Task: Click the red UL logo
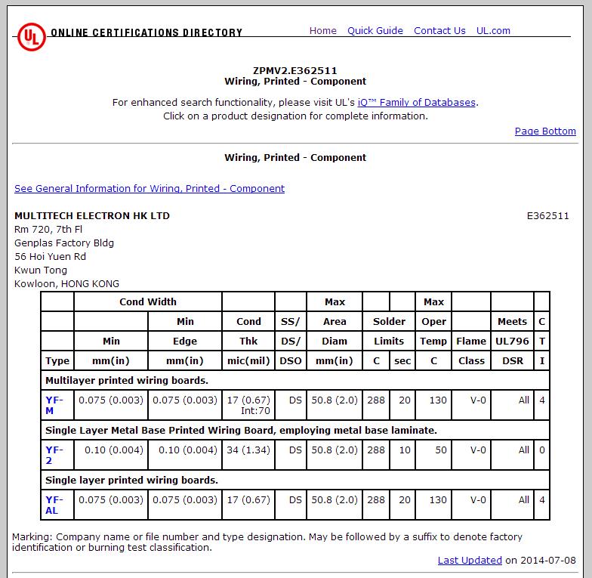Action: coord(31,36)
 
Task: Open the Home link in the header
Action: coord(322,31)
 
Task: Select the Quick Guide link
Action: coord(375,31)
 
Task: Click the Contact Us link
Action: coord(439,31)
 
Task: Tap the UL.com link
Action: coord(493,31)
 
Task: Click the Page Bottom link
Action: coord(545,131)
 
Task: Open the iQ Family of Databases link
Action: coord(417,103)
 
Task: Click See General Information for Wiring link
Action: coord(150,189)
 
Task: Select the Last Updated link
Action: coord(470,561)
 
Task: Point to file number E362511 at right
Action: coord(547,216)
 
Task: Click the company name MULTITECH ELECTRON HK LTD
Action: coord(92,216)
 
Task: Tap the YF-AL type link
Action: coord(52,505)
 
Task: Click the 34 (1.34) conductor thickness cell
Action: coord(248,450)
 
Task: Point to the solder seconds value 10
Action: coord(404,450)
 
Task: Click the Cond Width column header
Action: coord(148,302)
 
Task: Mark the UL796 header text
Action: coord(512,342)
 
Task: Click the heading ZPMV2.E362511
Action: coord(295,71)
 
